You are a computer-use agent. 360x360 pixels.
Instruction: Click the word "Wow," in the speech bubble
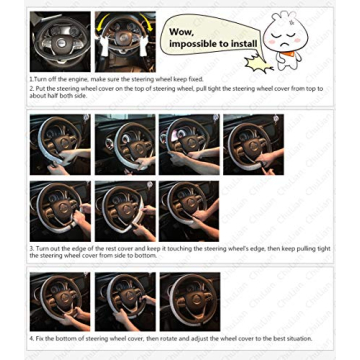pyautogui.click(x=182, y=31)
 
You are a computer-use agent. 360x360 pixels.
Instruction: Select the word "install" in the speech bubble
pyautogui.click(x=245, y=44)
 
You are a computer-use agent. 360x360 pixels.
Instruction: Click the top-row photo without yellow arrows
pyautogui.click(x=60, y=42)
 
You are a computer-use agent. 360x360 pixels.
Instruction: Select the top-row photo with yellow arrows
pyautogui.click(x=124, y=42)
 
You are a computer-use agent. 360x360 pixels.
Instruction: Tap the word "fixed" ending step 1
pyautogui.click(x=196, y=79)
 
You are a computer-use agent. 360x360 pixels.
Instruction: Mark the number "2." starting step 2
pyautogui.click(x=32, y=88)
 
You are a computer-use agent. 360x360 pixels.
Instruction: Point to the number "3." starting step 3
pyautogui.click(x=32, y=247)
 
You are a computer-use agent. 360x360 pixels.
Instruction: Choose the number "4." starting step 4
pyautogui.click(x=32, y=338)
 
